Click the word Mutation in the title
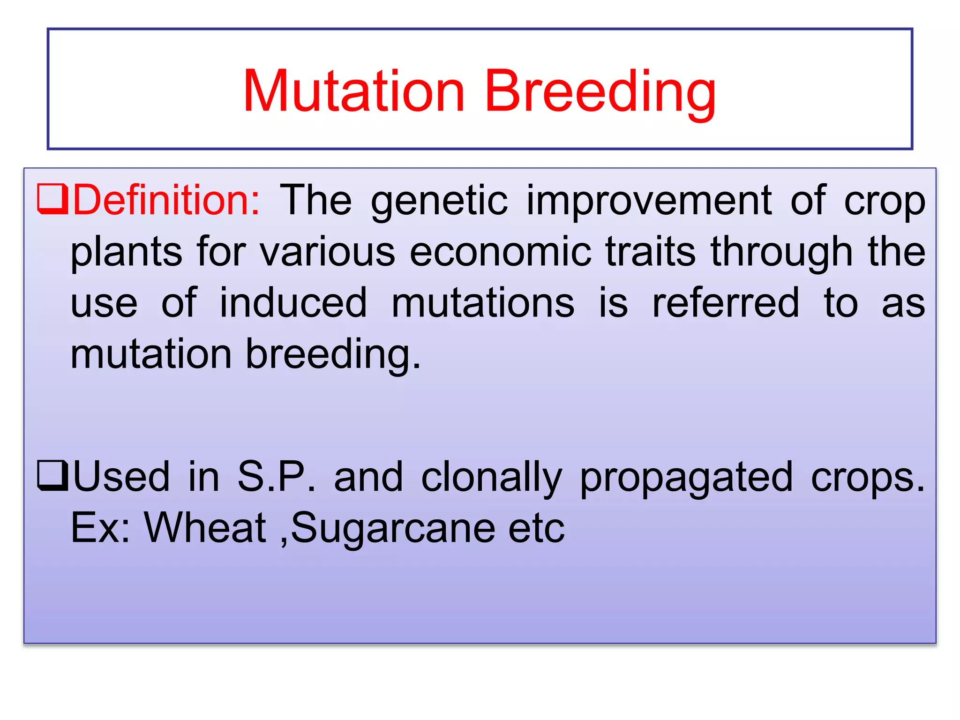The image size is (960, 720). pos(354,91)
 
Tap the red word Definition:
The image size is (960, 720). pos(166,201)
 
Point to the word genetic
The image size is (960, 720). pos(439,202)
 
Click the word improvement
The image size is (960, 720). pos(649,202)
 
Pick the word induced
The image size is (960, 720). pos(293,303)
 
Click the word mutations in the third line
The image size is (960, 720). pos(483,303)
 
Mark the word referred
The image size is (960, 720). pos(726,303)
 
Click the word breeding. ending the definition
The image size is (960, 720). pos(333,355)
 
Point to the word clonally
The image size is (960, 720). pos(491,477)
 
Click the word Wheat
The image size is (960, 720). pos(205,528)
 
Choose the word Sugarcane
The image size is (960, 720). pos(393,529)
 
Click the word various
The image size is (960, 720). pos(328,252)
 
